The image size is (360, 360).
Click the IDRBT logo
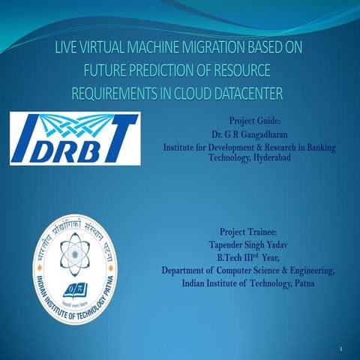(74, 139)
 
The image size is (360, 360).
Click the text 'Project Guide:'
(249, 120)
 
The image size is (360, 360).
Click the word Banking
(316, 146)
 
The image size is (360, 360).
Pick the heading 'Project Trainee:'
(248, 231)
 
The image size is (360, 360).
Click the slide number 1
(340, 349)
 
